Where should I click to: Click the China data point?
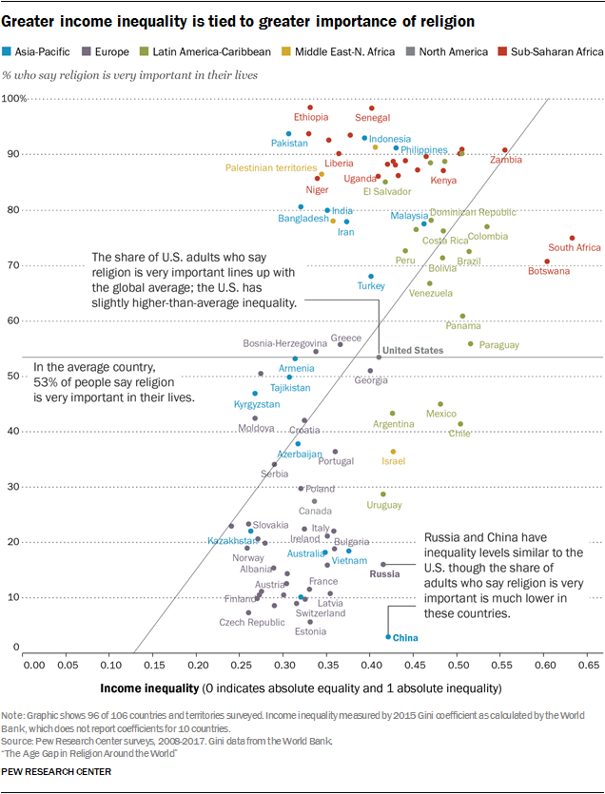pos(388,636)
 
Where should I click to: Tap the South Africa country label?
pos(575,247)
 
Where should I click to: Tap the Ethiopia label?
pos(311,118)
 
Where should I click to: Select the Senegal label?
pos(373,118)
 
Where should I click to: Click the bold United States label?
pos(414,350)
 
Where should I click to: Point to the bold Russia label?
pos(384,574)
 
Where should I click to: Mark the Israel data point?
pos(393,452)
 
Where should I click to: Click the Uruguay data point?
pos(383,494)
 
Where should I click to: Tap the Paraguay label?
pos(499,344)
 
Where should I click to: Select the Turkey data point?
pos(372,277)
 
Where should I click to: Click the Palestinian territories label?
pos(271,167)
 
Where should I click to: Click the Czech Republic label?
pos(252,623)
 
